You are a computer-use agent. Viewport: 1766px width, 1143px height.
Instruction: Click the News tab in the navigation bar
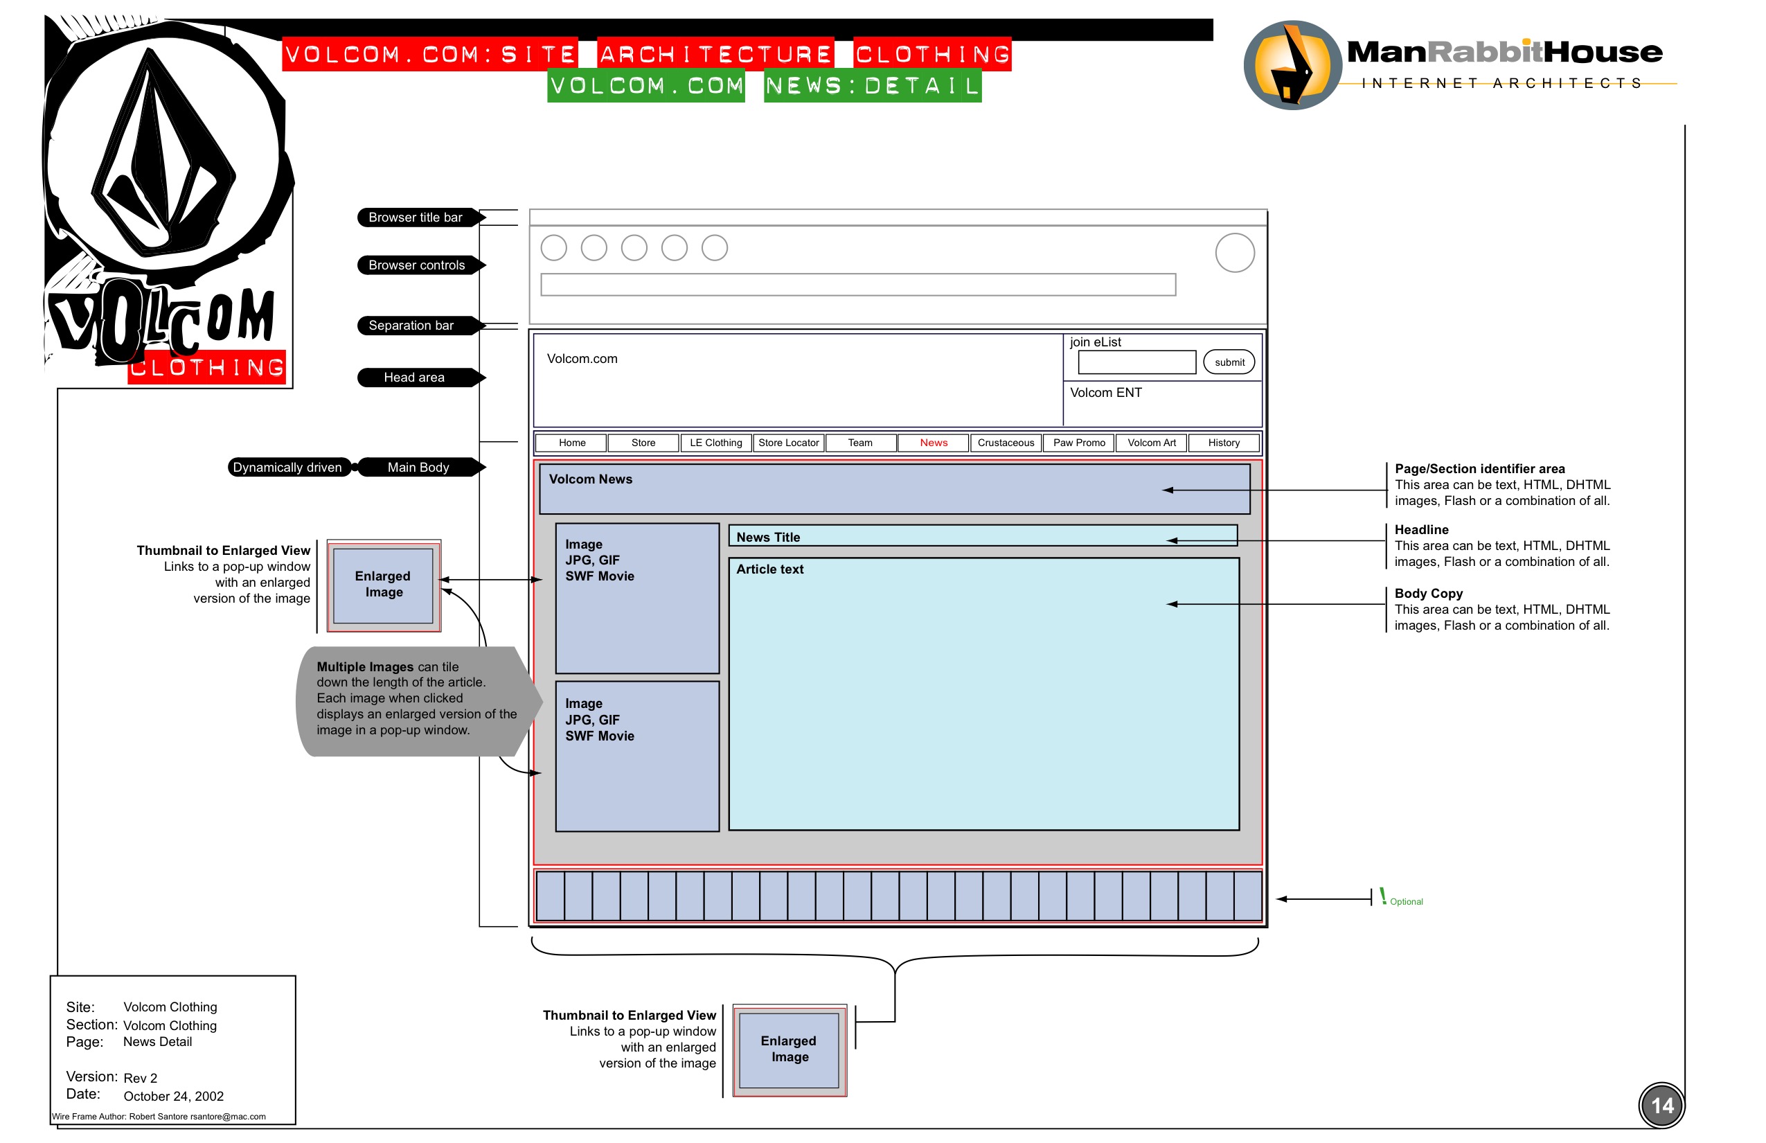933,443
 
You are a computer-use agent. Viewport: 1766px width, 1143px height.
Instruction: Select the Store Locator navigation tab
788,443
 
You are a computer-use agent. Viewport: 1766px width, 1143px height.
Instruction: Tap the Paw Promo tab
1078,443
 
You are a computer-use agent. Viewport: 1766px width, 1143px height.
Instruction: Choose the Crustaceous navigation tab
1006,443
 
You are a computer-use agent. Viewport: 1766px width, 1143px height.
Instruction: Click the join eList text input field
1136,362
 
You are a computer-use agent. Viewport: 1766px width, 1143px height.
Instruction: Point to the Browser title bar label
416,218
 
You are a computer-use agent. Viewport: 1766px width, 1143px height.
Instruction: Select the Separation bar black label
412,325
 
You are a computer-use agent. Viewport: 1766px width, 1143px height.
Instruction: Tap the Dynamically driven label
287,467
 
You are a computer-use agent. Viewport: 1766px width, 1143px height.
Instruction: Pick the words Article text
769,569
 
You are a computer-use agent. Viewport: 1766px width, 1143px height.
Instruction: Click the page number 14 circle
1661,1105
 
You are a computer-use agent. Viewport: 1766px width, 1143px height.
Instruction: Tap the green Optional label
1405,901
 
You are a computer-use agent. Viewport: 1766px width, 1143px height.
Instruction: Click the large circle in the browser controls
1234,253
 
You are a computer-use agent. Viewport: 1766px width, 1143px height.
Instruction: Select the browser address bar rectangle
857,284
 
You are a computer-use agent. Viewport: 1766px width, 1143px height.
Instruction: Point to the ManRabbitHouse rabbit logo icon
1292,65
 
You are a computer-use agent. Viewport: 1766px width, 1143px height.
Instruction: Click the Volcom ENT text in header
1105,393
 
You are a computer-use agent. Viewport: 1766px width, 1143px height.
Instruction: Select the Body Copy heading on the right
1427,593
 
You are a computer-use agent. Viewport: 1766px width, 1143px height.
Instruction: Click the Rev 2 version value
140,1078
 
